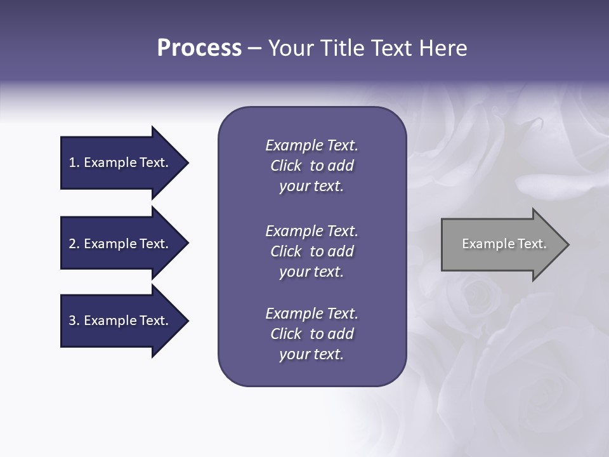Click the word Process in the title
point(199,48)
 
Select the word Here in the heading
point(443,48)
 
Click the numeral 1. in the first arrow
point(74,162)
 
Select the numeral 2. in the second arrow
point(74,244)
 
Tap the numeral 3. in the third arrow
point(74,321)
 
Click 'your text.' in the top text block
point(311,187)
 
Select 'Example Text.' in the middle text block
point(311,231)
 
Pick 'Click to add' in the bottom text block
point(311,334)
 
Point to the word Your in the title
point(289,48)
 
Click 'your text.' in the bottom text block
point(311,355)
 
